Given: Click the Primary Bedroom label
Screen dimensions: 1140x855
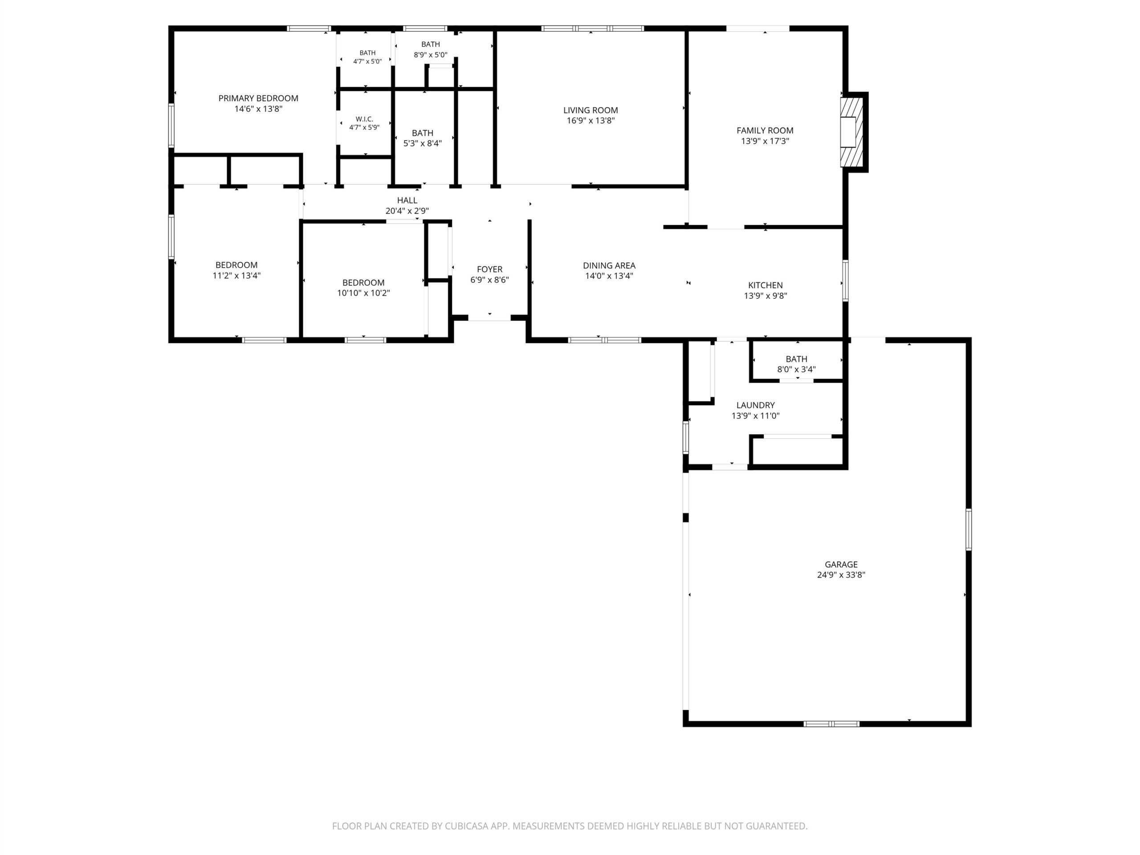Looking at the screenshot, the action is click(x=258, y=98).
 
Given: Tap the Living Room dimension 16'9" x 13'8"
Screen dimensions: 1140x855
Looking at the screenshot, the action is click(x=590, y=121).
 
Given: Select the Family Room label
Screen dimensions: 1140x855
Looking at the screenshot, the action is click(x=765, y=130).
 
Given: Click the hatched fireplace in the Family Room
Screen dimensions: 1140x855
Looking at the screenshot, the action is click(x=852, y=132).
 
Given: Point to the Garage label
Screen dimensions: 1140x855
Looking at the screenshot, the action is click(x=841, y=564).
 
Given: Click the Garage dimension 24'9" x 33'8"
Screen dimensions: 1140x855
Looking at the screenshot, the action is click(x=841, y=574).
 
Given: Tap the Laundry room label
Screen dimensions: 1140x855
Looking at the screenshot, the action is click(x=756, y=405).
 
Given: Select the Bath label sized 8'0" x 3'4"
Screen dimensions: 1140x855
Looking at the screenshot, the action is click(x=796, y=358).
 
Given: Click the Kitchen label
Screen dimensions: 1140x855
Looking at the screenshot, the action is click(x=765, y=285).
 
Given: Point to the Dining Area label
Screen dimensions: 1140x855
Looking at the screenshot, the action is click(x=609, y=265).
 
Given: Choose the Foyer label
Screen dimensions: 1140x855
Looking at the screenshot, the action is click(x=489, y=269).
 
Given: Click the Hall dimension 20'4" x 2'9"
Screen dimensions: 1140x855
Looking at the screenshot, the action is click(x=407, y=211).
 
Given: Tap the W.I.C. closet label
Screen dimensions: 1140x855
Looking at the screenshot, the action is click(x=364, y=119).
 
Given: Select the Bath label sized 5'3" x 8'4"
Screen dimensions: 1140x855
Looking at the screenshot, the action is click(x=423, y=133).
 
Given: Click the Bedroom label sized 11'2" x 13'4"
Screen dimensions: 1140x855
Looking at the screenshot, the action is click(x=236, y=265).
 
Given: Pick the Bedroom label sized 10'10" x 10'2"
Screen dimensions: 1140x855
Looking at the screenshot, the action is click(x=363, y=282).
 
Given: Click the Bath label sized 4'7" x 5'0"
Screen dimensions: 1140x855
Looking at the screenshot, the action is click(x=367, y=53).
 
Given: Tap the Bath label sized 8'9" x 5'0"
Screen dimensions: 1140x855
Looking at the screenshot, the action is click(x=430, y=45).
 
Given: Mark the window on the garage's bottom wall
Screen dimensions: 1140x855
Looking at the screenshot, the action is click(x=831, y=724).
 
